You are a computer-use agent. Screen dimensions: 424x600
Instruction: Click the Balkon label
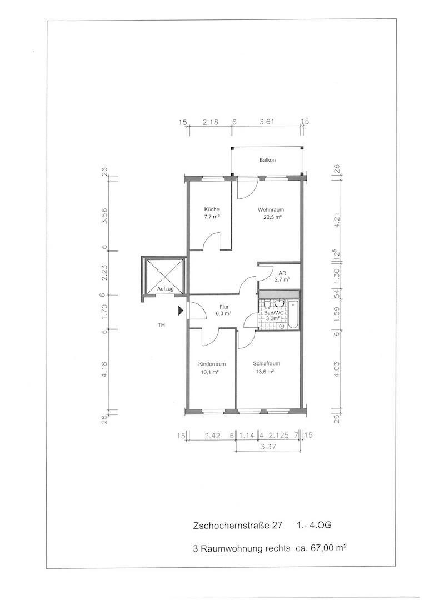267,160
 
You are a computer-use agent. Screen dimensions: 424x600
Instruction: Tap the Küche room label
212,209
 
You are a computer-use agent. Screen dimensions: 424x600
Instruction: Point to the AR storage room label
282,273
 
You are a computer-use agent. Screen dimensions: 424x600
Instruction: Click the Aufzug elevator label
165,289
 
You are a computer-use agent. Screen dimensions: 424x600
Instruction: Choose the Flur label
224,307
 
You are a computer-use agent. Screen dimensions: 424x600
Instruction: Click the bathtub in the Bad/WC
293,314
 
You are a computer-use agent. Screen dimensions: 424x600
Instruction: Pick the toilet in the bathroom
268,304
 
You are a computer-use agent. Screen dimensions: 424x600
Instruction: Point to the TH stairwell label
162,325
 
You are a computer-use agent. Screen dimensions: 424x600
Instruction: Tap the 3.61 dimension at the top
267,122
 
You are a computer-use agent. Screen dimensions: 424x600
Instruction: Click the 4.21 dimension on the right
337,221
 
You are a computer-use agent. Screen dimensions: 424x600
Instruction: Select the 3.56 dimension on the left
104,217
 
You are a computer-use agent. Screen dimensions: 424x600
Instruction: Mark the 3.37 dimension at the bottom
267,446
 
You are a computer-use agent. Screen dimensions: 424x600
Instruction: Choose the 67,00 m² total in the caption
327,548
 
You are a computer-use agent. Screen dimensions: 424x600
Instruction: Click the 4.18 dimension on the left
104,369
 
